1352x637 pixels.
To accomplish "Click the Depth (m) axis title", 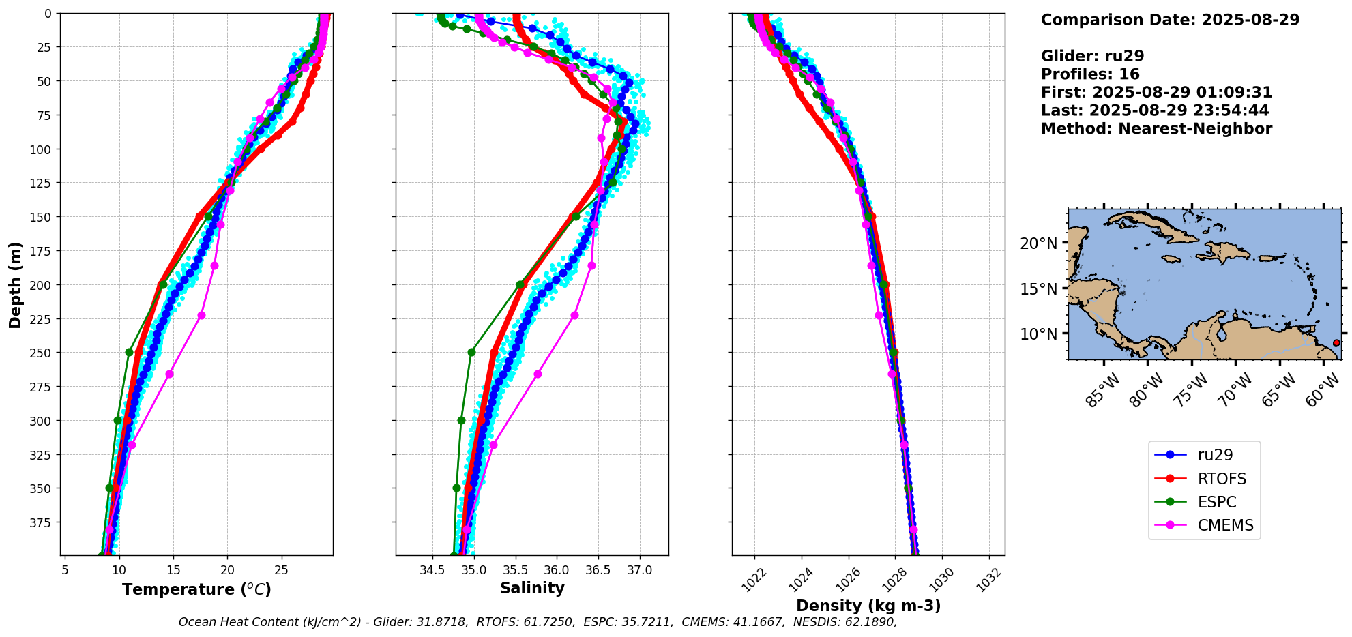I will coord(15,284).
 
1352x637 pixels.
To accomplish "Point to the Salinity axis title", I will coord(532,589).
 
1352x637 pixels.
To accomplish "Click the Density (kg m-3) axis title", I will coord(868,606).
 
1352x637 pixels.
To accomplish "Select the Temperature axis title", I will coord(196,589).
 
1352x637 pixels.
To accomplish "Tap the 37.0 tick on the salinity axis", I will coord(639,569).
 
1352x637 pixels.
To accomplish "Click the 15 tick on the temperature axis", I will coord(173,569).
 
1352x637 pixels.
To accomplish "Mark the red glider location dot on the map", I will coord(1336,343).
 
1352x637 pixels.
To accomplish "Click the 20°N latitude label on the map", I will coord(1038,243).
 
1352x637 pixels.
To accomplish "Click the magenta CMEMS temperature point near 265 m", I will coord(169,374).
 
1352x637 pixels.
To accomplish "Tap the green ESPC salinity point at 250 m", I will coord(471,353).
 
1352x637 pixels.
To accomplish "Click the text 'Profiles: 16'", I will coord(1090,74).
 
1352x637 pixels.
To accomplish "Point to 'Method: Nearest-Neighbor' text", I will coord(1156,129).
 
